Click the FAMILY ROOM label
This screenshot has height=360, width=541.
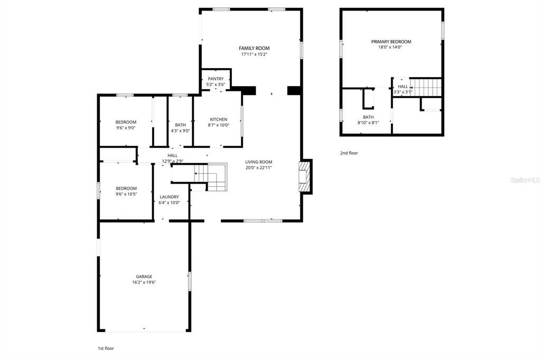tap(251, 48)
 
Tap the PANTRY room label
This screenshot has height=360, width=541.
tap(216, 79)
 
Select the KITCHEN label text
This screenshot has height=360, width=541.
tap(218, 119)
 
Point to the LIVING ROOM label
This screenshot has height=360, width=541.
tap(258, 162)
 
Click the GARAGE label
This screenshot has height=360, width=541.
tap(144, 276)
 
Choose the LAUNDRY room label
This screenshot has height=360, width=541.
tap(169, 197)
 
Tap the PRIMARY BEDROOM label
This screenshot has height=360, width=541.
tap(391, 42)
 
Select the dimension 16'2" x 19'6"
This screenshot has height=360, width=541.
tap(144, 282)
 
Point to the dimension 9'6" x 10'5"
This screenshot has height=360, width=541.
tap(126, 194)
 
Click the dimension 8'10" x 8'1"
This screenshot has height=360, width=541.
tap(368, 123)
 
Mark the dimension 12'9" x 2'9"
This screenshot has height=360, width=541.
tap(172, 161)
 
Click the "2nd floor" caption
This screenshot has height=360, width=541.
tap(349, 153)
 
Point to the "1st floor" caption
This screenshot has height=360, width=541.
tap(106, 348)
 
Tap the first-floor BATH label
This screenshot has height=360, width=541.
tap(180, 125)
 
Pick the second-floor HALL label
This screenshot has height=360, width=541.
tap(403, 87)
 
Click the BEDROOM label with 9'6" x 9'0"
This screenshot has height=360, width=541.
tap(126, 122)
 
